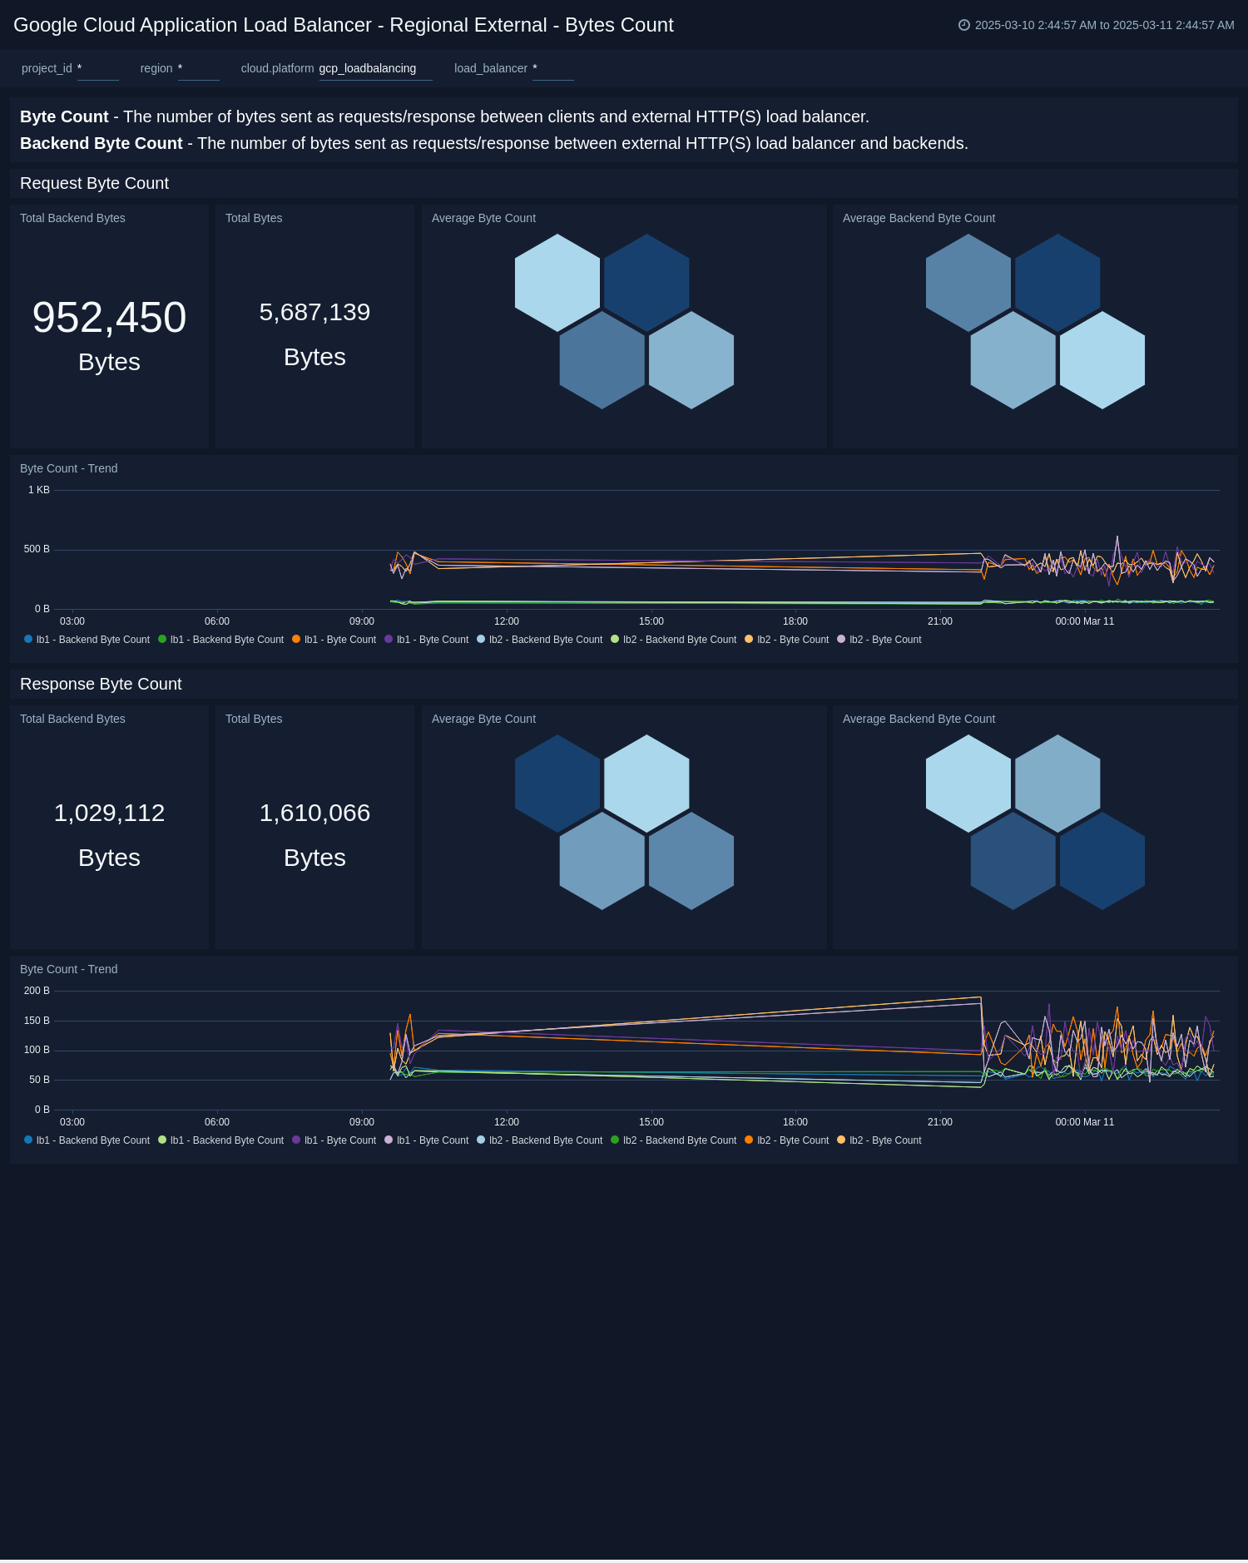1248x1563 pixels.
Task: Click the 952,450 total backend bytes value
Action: coord(109,318)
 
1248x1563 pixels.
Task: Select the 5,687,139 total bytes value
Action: coord(314,313)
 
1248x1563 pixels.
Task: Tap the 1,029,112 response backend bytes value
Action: coord(109,814)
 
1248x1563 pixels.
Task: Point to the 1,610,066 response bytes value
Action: coord(314,814)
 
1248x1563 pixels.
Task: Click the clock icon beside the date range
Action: coord(963,25)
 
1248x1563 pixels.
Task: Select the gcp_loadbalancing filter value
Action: coord(368,68)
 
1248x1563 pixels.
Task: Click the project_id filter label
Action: coord(47,68)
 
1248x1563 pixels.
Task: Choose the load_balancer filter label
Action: coord(490,68)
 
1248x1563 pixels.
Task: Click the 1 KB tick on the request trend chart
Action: coord(39,490)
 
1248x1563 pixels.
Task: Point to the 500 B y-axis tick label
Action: coord(37,549)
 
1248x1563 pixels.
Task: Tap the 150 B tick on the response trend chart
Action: coord(37,1021)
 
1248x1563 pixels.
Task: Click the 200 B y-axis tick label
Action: coord(37,991)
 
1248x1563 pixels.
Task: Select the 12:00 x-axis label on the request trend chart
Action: coord(506,621)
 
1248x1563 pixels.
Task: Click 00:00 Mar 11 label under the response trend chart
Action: coord(1084,1122)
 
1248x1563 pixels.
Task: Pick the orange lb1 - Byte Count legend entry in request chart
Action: coord(334,640)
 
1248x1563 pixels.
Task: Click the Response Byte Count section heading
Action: coord(101,684)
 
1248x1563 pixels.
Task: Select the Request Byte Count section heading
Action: coord(94,183)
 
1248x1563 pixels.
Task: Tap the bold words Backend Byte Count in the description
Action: coord(101,143)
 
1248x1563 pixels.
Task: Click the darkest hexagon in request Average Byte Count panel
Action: coord(646,282)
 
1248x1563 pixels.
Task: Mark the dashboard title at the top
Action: coord(344,25)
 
